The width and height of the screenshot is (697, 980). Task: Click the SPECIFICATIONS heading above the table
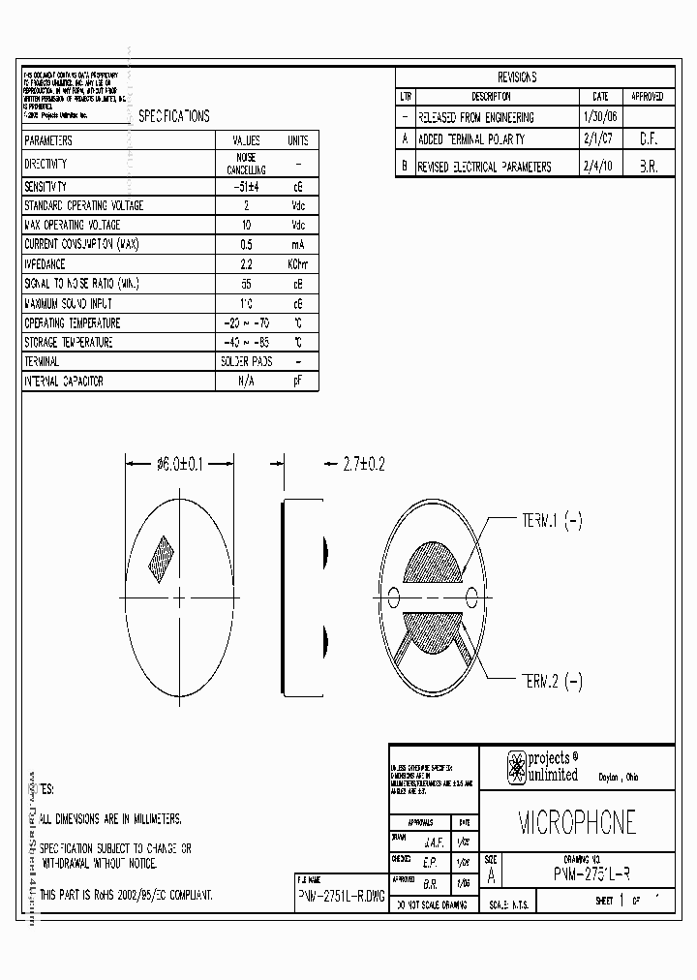click(174, 116)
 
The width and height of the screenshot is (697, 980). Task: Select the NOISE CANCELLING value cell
click(247, 164)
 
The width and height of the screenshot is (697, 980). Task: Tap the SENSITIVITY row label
click(45, 186)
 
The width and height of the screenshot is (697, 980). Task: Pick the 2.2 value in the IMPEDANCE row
click(247, 263)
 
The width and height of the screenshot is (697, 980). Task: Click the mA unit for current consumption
click(297, 244)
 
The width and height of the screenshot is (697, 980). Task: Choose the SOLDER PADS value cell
click(247, 361)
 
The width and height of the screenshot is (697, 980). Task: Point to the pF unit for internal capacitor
click(297, 382)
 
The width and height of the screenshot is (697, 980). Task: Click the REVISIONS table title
click(517, 77)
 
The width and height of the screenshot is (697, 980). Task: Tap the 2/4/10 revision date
click(599, 167)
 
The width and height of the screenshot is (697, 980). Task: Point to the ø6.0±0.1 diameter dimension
click(179, 465)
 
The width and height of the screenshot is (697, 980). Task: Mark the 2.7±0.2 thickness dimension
click(363, 465)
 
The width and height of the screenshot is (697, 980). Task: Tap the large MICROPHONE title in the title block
click(577, 822)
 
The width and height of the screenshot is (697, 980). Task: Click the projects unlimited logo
click(542, 767)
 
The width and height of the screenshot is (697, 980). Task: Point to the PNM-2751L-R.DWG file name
click(340, 897)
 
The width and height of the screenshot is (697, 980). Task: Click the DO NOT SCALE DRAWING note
click(429, 904)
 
